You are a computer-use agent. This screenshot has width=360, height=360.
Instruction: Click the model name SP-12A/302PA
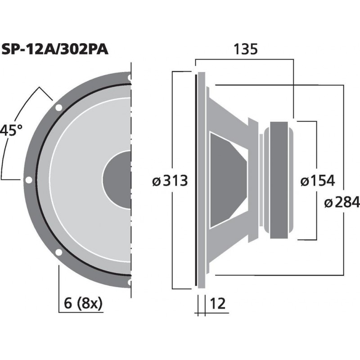pos(55,49)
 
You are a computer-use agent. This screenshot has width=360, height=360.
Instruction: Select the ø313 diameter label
pos(170,181)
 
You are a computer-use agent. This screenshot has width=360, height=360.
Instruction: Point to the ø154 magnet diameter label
pos(317,181)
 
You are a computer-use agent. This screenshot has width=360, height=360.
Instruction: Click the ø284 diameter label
pos(342,202)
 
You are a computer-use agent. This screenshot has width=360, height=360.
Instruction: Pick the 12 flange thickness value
pos(217,304)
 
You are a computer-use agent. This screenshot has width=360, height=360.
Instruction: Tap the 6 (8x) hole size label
pos(83,304)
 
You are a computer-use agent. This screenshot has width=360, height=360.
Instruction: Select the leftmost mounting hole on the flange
pos(28,180)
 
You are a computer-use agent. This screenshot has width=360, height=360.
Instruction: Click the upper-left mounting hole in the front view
pos(58,108)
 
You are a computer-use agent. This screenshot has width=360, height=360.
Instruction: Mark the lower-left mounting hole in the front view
pos(58,252)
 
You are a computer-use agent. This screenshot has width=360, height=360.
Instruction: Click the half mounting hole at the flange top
pos(130,78)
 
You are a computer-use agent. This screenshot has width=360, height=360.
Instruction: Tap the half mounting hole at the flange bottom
pos(130,282)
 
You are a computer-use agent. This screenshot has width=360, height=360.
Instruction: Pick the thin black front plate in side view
pos(196,180)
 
